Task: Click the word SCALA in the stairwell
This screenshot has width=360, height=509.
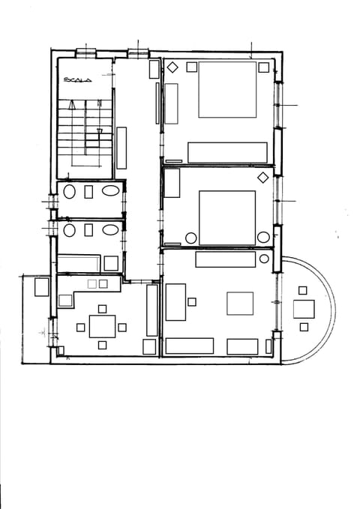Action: [x=77, y=79]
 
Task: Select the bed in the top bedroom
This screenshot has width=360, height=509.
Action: [x=227, y=89]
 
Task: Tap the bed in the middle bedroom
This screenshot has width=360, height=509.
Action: [x=226, y=217]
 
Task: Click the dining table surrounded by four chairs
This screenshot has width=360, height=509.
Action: [x=102, y=326]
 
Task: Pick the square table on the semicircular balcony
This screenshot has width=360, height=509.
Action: [x=304, y=309]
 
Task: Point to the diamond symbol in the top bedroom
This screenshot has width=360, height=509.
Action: [x=171, y=66]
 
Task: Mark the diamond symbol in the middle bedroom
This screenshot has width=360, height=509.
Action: [x=263, y=178]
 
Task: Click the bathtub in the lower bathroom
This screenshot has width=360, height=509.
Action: [x=78, y=263]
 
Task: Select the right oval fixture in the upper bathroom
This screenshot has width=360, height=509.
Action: [x=110, y=191]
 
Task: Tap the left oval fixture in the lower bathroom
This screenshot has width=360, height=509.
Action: [x=69, y=229]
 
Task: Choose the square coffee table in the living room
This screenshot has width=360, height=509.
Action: [x=240, y=304]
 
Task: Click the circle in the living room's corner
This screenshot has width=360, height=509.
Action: [x=264, y=259]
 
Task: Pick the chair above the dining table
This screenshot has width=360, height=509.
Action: [x=102, y=308]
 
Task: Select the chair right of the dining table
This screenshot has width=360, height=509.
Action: [x=122, y=327]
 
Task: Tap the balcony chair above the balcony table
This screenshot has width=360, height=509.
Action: [x=303, y=290]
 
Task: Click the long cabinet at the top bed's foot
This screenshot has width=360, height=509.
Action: [x=227, y=152]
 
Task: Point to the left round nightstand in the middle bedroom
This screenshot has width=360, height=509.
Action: [x=190, y=238]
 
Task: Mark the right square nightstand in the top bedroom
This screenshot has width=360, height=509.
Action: [x=263, y=67]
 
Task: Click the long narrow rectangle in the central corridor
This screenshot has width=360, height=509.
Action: [x=121, y=148]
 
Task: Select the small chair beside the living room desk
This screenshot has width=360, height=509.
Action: [x=192, y=301]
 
